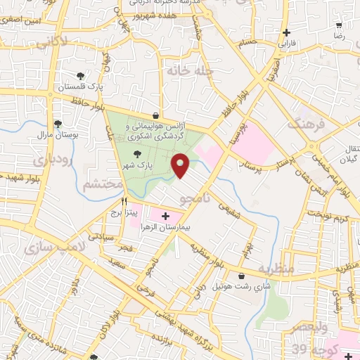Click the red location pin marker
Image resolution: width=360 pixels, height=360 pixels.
coord(181,165)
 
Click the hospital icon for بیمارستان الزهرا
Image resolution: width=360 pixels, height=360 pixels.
coord(165,216)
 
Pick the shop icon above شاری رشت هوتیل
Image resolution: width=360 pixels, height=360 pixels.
coord(243,276)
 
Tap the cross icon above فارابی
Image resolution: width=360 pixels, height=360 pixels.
coord(286,32)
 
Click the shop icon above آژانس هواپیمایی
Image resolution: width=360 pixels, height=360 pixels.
coord(155,116)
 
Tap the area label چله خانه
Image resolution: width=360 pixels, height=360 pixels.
coord(185,70)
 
